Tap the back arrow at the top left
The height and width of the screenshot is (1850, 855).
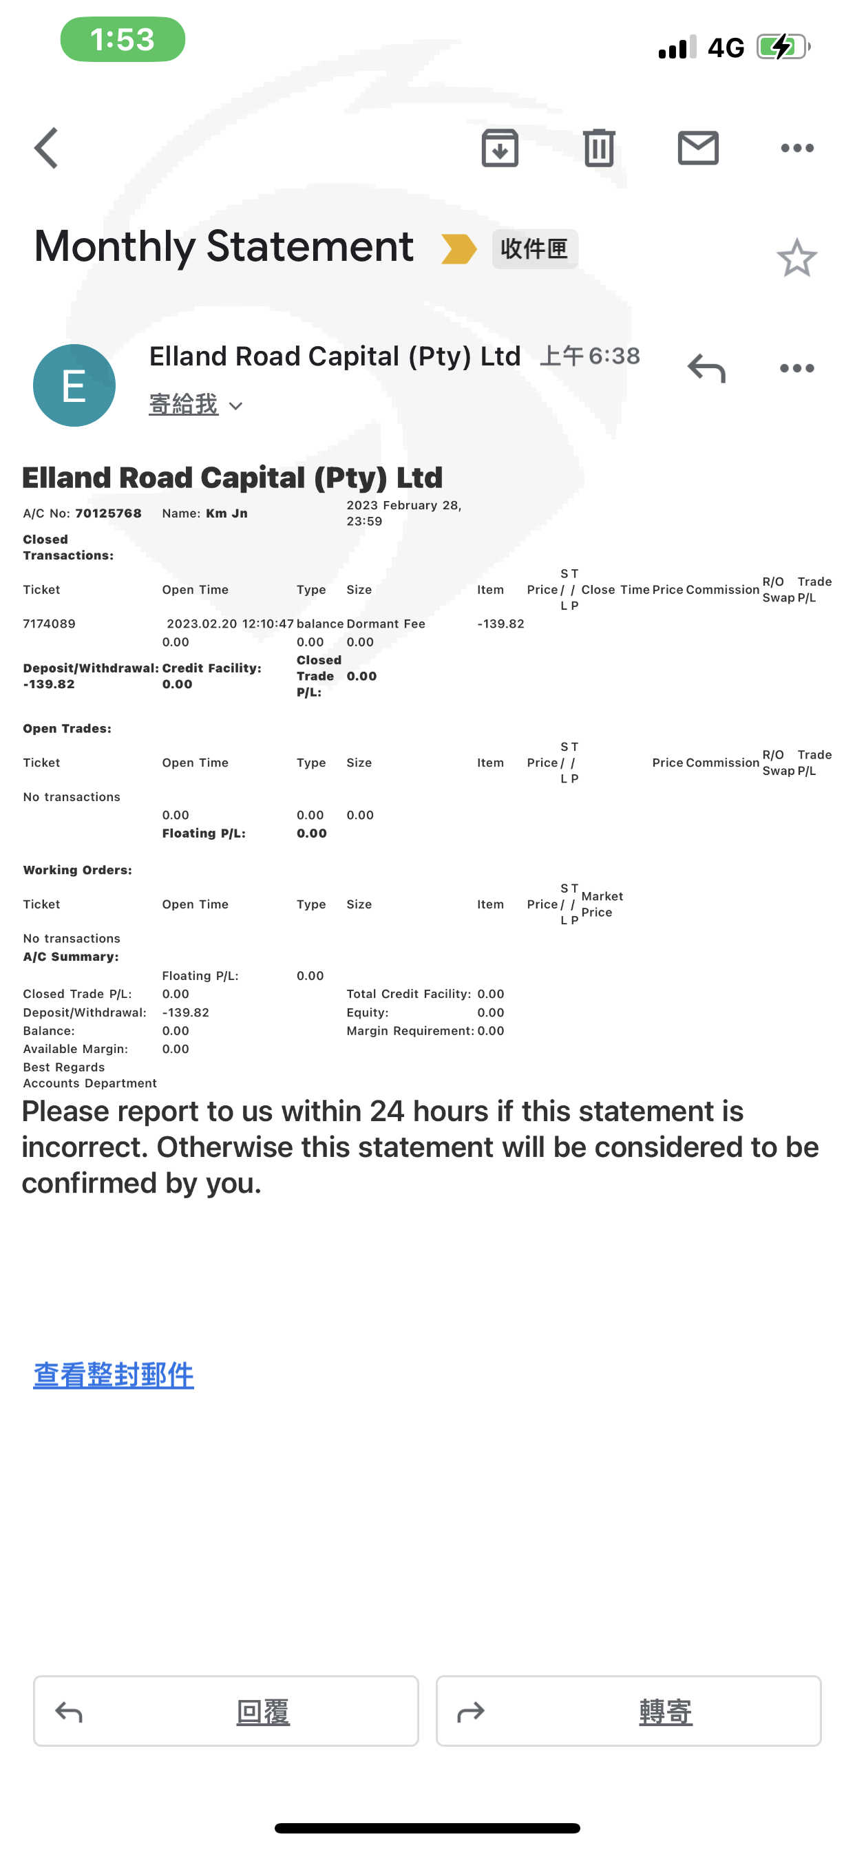47,148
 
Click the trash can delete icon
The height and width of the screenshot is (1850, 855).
598,148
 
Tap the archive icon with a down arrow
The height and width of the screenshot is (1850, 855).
499,148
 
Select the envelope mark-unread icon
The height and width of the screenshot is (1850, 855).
697,148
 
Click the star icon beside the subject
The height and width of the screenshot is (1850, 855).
796,258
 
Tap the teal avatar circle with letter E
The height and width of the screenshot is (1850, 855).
74,385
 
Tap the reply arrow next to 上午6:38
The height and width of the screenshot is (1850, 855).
706,368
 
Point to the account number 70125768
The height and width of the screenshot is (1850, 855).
109,513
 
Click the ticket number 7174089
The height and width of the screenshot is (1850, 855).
49,624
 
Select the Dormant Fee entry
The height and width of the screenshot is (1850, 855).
386,624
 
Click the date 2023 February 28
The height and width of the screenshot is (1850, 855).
403,506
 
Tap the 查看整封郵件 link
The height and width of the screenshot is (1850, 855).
114,1374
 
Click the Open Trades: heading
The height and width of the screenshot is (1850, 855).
67,728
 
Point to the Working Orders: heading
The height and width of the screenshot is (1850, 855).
78,870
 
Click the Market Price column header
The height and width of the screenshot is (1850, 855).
602,904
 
